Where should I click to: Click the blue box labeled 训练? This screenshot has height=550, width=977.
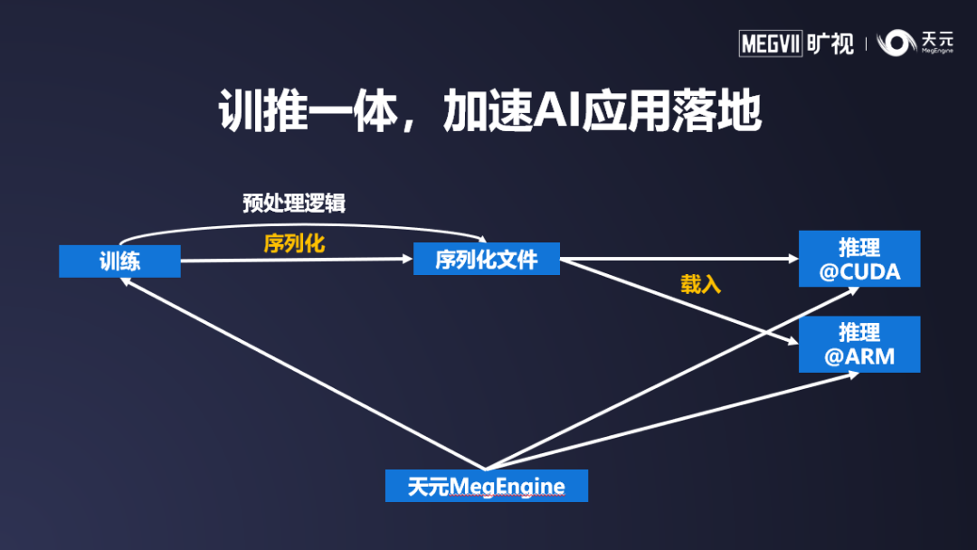coord(119,261)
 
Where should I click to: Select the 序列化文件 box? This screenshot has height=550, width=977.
coord(487,260)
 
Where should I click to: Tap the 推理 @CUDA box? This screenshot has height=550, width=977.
coord(859,259)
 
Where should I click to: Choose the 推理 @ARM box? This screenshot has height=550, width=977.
coord(859,345)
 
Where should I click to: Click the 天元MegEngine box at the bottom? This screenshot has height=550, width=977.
coord(487,486)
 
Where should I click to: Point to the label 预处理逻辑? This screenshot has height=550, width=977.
coord(294,203)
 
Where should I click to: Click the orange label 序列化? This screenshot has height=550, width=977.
coord(294,243)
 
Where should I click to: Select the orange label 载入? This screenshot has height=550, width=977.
coord(701,284)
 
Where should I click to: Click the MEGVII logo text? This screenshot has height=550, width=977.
coord(770,43)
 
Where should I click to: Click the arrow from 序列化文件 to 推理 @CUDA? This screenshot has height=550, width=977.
coord(678,259)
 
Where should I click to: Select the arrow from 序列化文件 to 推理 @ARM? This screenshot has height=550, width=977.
coord(678,300)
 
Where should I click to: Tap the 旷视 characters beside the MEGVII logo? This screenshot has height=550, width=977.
coord(830,43)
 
